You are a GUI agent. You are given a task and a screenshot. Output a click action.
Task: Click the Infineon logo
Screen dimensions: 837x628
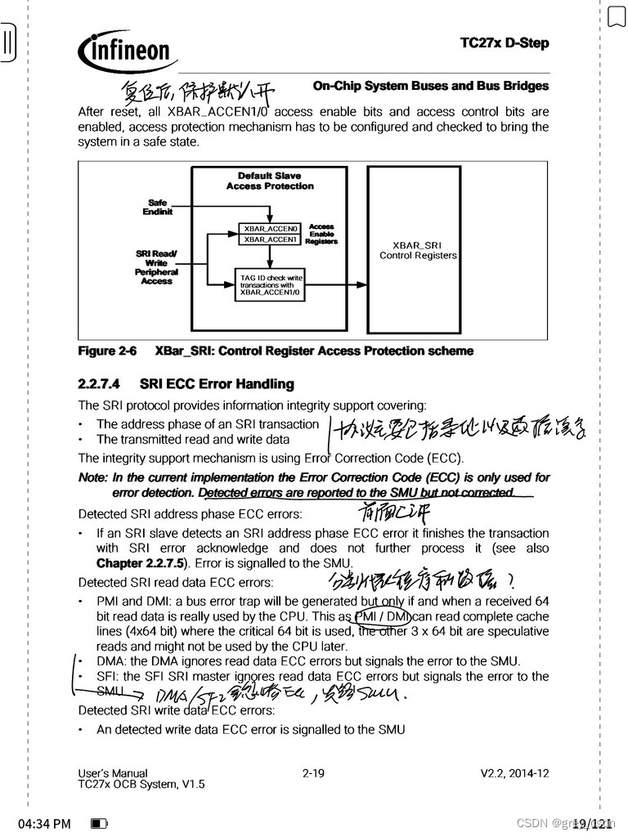127,51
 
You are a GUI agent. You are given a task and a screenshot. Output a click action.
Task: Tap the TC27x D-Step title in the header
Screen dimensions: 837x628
505,43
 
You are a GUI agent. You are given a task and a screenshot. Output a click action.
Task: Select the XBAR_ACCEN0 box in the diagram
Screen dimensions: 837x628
270,228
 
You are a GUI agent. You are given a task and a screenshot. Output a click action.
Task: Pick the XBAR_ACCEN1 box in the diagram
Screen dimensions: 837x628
270,239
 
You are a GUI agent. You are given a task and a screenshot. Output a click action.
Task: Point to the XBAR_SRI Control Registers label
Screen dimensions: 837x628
418,250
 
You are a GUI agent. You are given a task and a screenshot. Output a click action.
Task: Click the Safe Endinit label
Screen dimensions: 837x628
157,207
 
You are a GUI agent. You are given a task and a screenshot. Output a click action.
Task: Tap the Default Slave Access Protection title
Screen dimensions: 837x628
270,181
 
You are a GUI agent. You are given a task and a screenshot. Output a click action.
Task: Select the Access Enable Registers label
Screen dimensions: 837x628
321,234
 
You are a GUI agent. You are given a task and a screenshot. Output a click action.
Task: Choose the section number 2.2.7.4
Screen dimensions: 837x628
99,383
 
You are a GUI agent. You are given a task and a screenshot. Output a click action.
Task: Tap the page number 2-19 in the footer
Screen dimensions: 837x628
313,772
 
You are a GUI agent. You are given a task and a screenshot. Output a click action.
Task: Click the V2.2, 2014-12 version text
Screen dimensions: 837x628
514,772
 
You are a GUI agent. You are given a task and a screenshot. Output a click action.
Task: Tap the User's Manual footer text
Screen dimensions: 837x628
113,772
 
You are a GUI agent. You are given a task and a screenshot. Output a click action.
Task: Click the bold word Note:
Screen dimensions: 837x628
92,477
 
